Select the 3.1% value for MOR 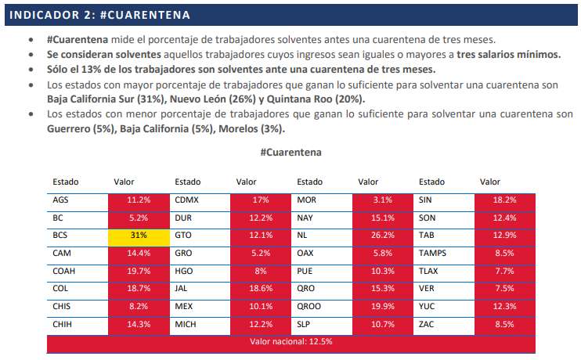[x=382, y=200]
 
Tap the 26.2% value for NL [x=382, y=236]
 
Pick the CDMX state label [x=186, y=200]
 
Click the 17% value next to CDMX [x=261, y=200]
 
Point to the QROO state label [x=309, y=306]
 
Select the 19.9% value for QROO [x=382, y=306]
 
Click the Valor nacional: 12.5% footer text [x=290, y=341]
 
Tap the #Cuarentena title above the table [x=290, y=153]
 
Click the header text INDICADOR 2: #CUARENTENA [x=99, y=15]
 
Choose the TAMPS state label [x=432, y=253]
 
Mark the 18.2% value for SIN [x=504, y=200]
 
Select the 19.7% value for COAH [x=139, y=271]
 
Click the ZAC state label [x=426, y=325]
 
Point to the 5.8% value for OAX [x=382, y=253]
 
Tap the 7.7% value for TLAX [x=504, y=271]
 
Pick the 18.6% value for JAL [x=261, y=289]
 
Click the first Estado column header [x=66, y=182]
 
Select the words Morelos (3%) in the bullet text [x=251, y=129]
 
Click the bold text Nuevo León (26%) [x=213, y=99]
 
